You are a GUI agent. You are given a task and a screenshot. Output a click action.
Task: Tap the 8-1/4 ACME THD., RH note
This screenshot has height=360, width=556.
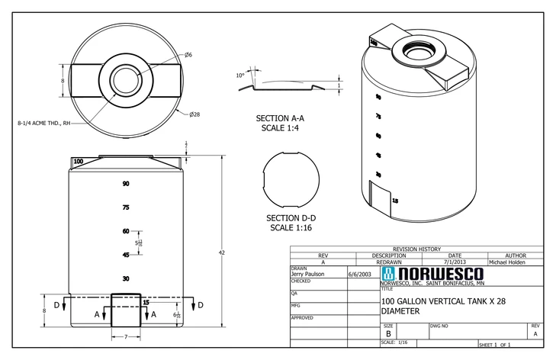click(43, 122)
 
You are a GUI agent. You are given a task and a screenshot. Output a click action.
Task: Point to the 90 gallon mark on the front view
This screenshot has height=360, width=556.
click(125, 184)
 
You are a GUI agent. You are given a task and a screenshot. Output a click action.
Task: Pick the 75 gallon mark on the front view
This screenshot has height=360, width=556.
click(125, 207)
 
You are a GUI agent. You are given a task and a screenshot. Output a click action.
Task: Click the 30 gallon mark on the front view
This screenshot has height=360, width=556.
click(125, 278)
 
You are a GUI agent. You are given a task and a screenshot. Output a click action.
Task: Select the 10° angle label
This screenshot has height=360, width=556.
click(241, 76)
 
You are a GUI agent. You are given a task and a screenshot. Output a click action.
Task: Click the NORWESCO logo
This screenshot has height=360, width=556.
click(431, 273)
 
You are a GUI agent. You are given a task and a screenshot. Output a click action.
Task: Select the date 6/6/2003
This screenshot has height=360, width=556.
click(359, 274)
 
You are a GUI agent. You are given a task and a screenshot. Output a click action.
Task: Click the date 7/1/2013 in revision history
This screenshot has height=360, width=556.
click(455, 262)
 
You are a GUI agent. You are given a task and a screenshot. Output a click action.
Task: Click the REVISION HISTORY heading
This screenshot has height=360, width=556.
click(416, 249)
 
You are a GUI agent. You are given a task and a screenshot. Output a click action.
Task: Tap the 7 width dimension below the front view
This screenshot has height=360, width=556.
click(125, 336)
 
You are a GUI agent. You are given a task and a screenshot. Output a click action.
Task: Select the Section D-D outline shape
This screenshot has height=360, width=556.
click(290, 181)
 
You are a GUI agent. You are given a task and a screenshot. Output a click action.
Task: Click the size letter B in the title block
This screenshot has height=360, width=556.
click(388, 333)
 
